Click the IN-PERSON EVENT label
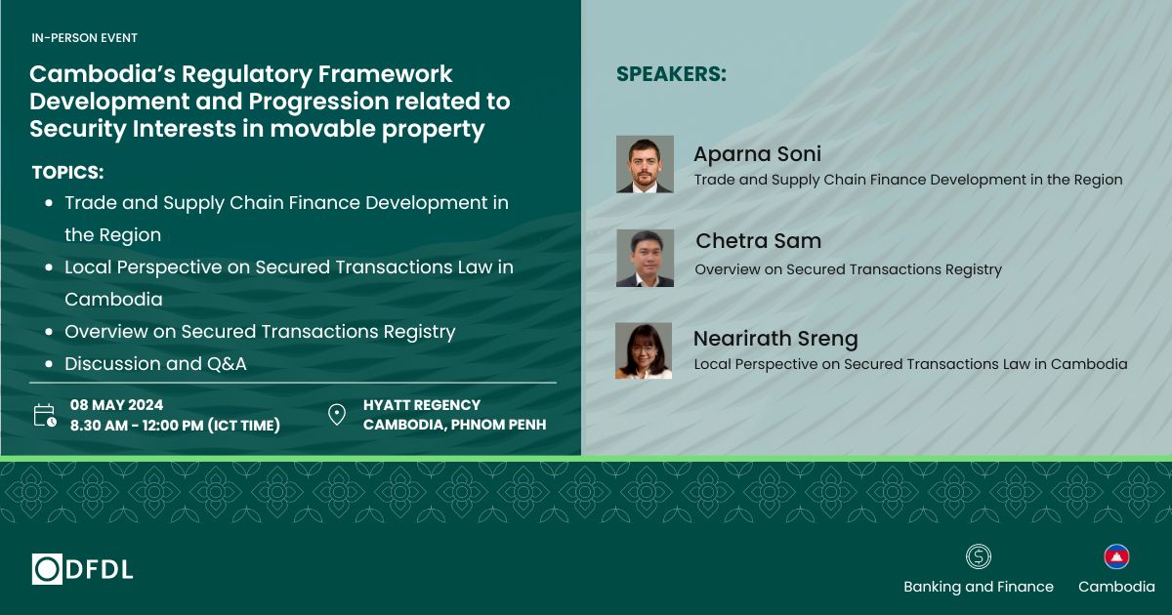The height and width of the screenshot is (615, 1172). [84, 38]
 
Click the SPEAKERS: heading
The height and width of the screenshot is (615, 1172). [671, 74]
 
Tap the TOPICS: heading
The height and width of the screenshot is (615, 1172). [68, 173]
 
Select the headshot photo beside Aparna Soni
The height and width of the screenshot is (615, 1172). [645, 164]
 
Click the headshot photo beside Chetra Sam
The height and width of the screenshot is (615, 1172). [646, 258]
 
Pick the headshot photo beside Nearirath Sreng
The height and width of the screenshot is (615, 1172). [644, 350]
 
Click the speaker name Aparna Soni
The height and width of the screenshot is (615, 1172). [757, 154]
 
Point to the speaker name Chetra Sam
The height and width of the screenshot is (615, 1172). [758, 241]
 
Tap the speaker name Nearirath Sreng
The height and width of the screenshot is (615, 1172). [775, 339]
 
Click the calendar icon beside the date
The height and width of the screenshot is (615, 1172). [45, 415]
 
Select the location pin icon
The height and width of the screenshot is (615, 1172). [336, 415]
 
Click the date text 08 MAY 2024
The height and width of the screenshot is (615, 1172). [116, 405]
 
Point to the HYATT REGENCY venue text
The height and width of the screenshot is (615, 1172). [422, 405]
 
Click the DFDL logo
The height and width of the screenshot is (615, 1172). [82, 569]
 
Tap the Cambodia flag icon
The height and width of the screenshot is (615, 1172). [1116, 556]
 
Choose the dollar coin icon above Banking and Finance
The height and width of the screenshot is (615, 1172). [979, 556]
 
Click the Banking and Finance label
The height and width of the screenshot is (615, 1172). [979, 587]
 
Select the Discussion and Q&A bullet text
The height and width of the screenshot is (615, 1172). [155, 364]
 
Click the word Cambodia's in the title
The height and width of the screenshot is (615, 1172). [103, 74]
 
